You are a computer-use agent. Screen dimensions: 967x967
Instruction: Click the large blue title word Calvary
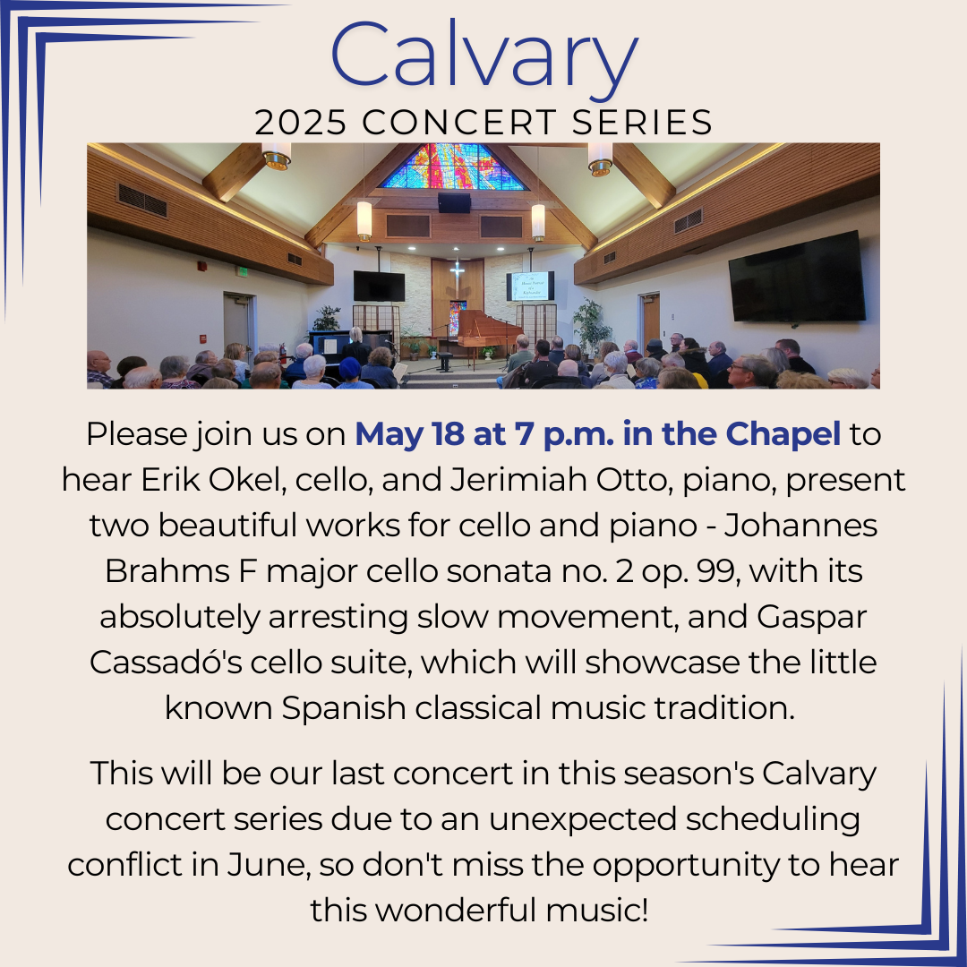coord(484,56)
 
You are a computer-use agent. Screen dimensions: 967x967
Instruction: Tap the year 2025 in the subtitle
coord(300,122)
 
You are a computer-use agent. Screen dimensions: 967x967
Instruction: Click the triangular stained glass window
coord(453,166)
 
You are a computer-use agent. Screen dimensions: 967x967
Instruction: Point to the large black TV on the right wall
coord(797,277)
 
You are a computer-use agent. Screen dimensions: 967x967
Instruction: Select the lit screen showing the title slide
coord(530,287)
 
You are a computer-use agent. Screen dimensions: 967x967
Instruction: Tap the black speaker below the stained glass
coord(454,202)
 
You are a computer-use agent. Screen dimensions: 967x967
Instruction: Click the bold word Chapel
coord(783,435)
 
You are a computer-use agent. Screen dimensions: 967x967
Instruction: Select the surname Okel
coord(247,480)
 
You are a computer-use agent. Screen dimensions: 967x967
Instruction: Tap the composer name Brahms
coord(167,571)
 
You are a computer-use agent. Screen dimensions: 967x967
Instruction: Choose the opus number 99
coord(717,571)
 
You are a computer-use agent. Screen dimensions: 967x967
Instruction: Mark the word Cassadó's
coord(166,663)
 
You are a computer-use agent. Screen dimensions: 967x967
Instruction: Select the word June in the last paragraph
coord(268,865)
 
